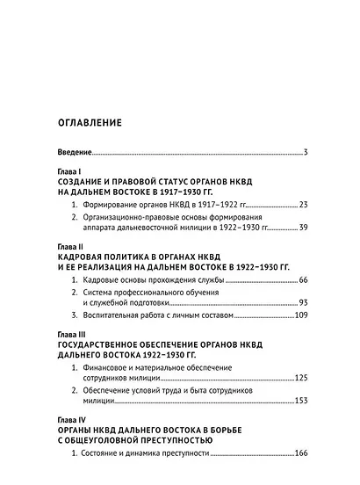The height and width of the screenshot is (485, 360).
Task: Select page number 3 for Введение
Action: coord(305,153)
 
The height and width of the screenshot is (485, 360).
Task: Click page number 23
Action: coord(302,205)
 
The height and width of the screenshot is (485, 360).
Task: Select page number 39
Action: coord(302,228)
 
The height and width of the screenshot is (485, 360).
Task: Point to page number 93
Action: coord(302,302)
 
